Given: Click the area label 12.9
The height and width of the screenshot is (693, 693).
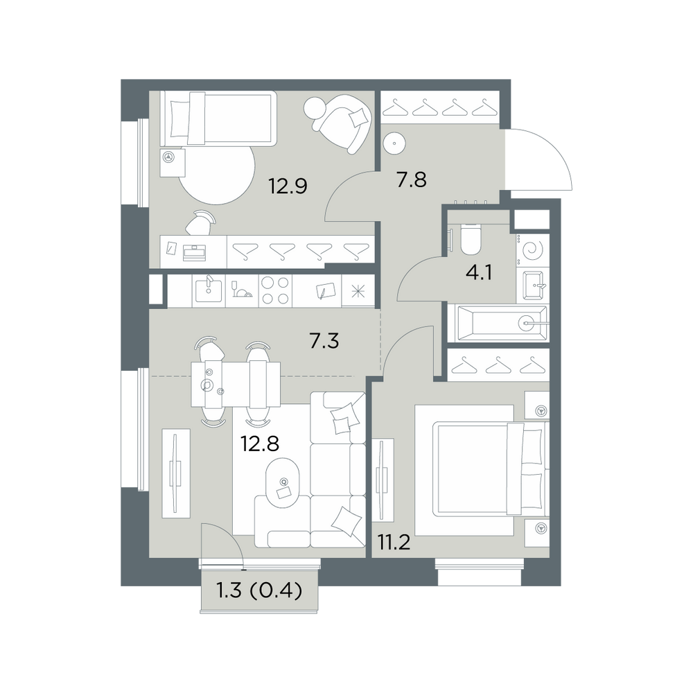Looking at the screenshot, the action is (288, 186).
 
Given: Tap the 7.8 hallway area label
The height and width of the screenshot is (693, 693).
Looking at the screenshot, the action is (411, 180).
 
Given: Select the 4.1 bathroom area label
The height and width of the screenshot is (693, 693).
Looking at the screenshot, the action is (479, 272).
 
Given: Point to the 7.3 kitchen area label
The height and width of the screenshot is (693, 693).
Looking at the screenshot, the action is (324, 341).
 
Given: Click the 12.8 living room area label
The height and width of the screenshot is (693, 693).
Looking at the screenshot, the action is (259, 444).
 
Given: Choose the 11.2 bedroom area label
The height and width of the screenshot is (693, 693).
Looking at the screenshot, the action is (394, 542).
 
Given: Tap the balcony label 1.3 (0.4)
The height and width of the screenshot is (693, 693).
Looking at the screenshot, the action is (259, 590).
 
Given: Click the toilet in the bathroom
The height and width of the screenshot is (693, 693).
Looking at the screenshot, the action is (470, 240).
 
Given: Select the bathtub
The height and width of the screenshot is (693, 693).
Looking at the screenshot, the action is (498, 323).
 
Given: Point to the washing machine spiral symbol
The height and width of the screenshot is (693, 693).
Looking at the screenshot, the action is (532, 251).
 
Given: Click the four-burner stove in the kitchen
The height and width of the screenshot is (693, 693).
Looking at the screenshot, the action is (275, 290).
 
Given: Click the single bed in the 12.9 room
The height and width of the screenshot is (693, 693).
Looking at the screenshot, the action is (218, 119).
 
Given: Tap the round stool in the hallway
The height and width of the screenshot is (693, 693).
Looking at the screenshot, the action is (394, 143).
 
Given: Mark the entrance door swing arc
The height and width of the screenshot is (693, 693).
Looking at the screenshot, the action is (552, 150).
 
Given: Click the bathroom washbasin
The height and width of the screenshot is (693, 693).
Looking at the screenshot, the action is (534, 286).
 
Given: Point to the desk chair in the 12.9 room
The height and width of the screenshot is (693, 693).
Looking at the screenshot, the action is (200, 222).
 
